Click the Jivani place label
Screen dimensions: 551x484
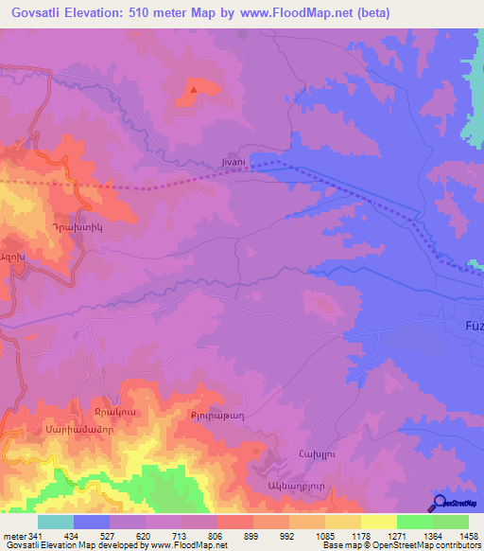[x=233, y=162]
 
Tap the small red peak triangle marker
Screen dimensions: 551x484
[x=194, y=90]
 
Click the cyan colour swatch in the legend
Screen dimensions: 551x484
[x=56, y=522]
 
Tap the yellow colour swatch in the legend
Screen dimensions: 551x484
[x=379, y=522]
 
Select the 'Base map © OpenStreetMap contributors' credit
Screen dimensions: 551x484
[x=401, y=545]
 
